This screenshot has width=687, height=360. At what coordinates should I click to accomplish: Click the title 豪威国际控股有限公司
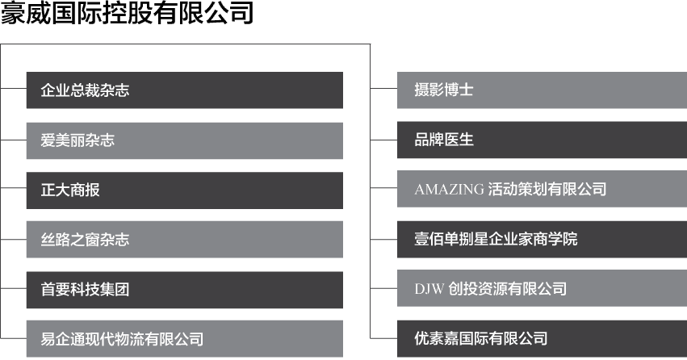(x=127, y=14)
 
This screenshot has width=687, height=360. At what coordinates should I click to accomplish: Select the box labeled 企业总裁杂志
(x=184, y=90)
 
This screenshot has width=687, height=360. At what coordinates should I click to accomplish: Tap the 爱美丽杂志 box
(x=184, y=140)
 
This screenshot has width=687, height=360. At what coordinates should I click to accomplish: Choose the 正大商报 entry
(x=184, y=190)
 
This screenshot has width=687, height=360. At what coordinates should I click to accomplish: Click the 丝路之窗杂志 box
(x=184, y=240)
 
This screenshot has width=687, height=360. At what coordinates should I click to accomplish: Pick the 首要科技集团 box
(x=184, y=290)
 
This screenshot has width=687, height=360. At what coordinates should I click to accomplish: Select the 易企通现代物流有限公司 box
(x=184, y=339)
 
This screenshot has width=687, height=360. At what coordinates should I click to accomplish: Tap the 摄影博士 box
(x=541, y=90)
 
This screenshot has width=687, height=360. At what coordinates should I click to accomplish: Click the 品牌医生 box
(x=541, y=140)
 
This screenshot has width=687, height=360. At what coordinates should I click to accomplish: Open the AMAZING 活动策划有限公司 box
(x=541, y=190)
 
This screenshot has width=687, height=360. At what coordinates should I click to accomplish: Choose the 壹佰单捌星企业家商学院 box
(x=541, y=240)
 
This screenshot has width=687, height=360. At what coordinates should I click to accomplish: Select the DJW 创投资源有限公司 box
(x=541, y=289)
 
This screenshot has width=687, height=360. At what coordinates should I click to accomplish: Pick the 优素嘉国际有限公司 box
(x=541, y=338)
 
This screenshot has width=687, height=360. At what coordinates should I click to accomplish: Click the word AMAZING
(x=450, y=190)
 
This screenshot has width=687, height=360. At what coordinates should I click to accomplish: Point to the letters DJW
(x=429, y=289)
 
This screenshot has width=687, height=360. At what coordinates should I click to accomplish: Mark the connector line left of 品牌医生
(x=383, y=140)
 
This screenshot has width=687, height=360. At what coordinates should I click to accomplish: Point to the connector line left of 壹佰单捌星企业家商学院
(x=383, y=240)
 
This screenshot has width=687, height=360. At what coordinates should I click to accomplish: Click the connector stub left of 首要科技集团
(x=13, y=288)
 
